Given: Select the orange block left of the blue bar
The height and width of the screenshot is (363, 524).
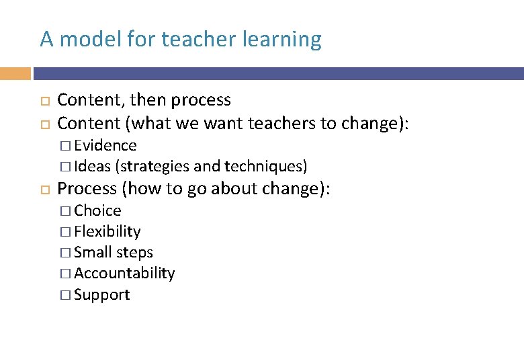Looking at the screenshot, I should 15,73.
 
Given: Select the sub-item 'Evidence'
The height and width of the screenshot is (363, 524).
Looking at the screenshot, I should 105,146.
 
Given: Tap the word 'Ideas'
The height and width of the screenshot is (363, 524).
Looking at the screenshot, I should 92,166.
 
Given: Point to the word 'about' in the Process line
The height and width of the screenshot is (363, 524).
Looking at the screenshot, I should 234,189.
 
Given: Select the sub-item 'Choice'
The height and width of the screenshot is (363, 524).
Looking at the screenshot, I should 97,211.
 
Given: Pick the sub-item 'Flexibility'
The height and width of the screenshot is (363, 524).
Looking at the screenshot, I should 107,232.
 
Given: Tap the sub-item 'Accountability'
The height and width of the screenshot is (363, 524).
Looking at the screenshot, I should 124,274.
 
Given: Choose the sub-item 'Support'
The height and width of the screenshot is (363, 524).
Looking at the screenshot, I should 102,295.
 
